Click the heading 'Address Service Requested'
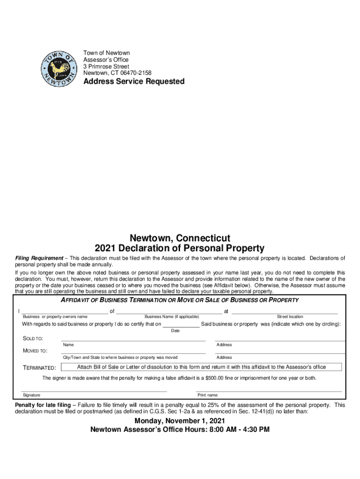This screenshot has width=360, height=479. coord(134,81)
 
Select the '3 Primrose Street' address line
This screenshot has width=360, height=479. coord(106,66)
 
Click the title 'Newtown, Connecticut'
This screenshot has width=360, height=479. coord(180,238)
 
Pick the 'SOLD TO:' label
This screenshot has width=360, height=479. coord(33,338)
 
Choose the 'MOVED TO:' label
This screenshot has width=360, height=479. coord(35,351)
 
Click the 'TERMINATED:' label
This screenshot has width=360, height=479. coord(40,368)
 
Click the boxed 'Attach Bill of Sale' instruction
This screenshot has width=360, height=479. coord(201,367)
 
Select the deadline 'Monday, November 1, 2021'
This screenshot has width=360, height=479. coord(180,421)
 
